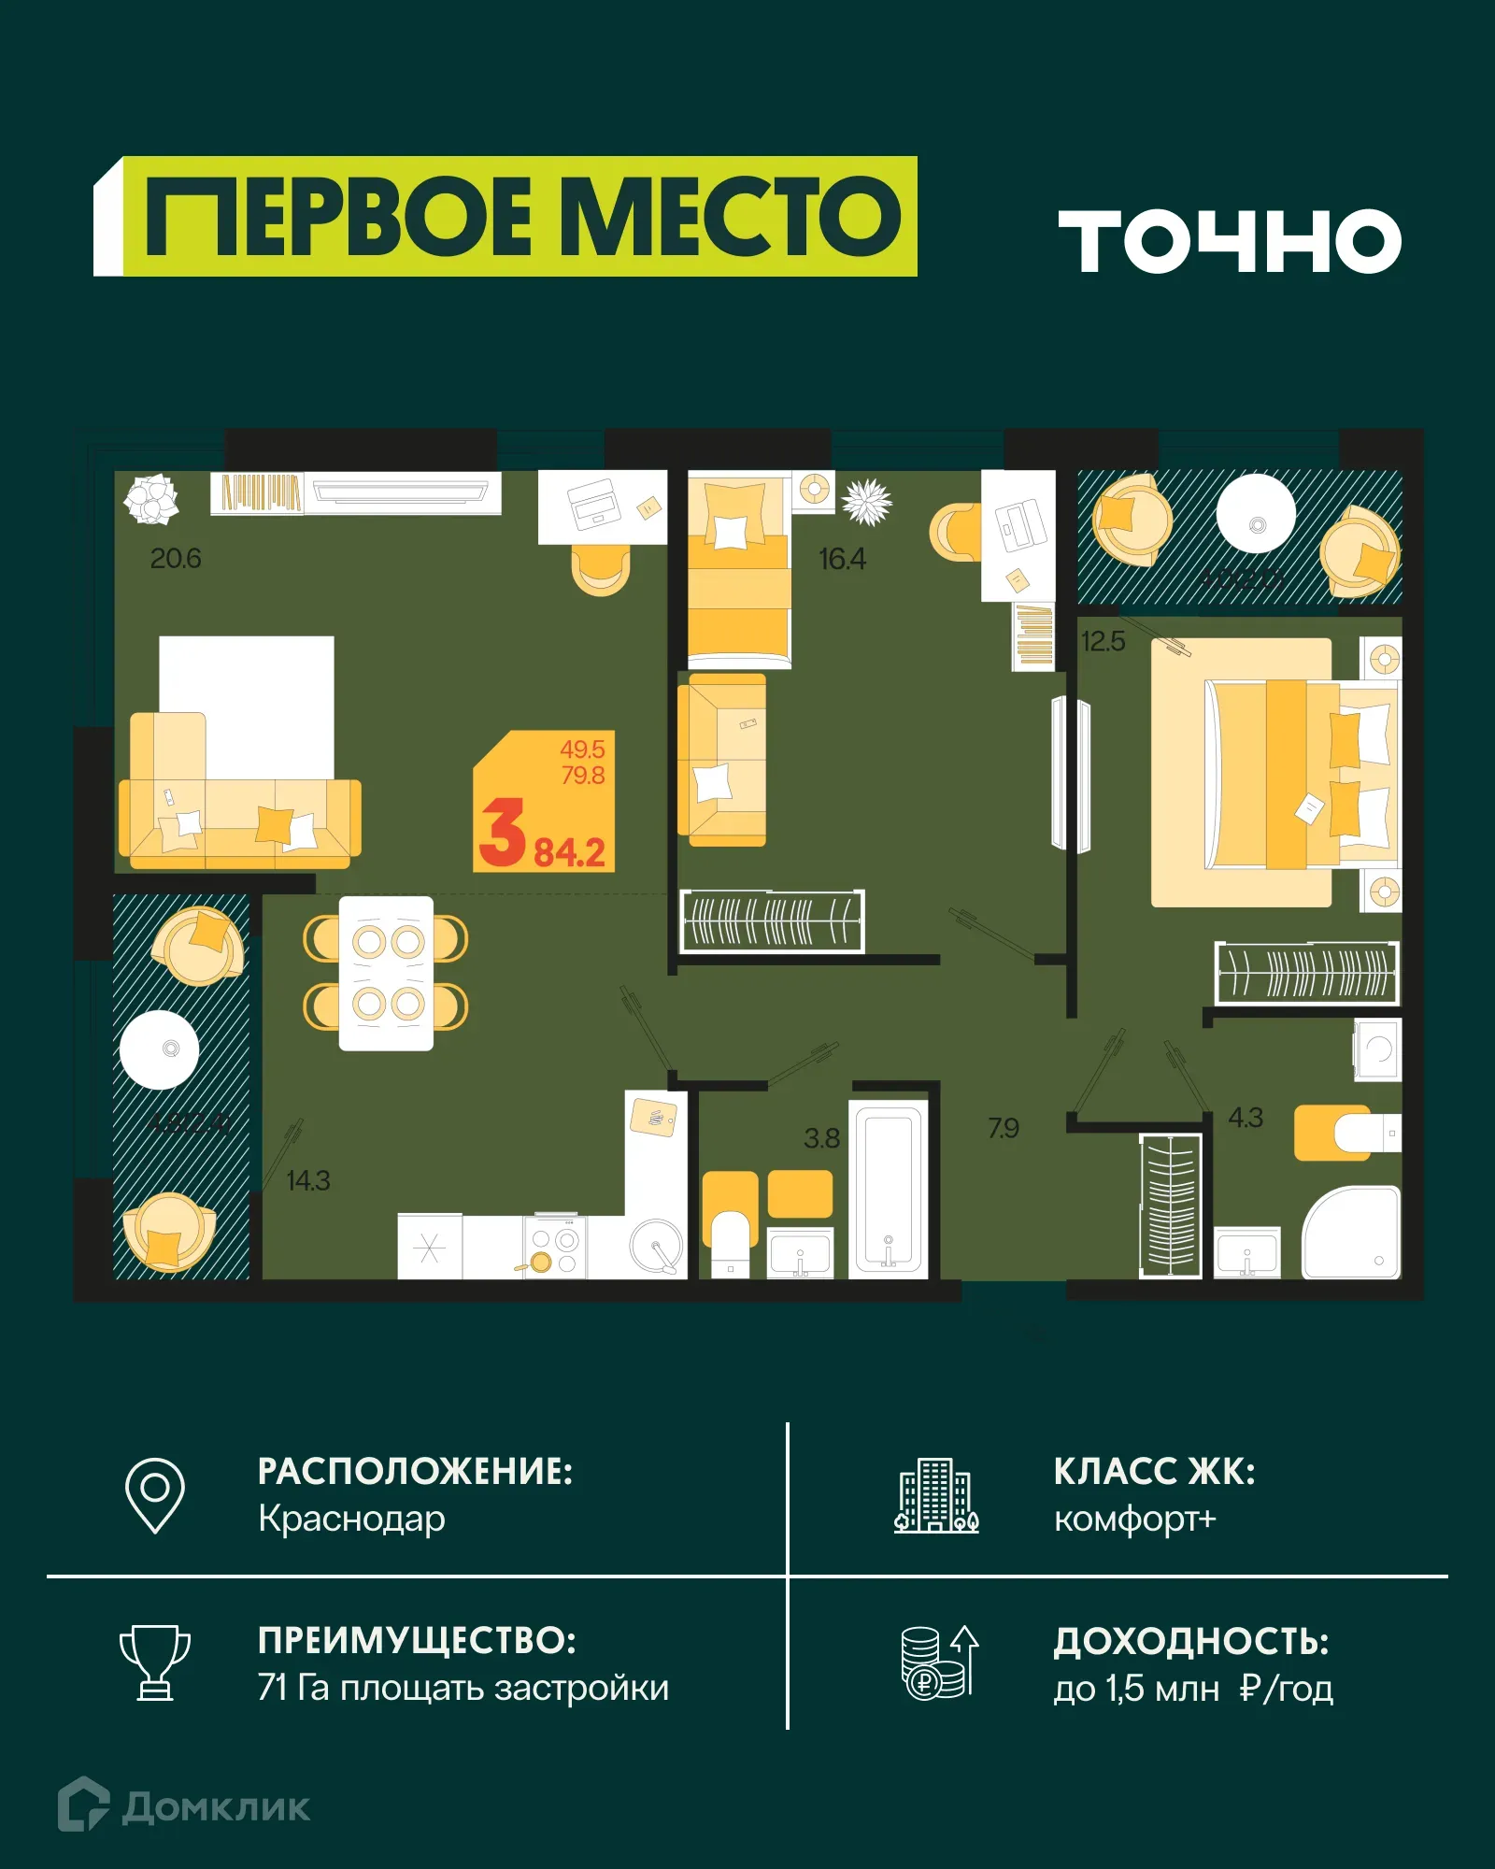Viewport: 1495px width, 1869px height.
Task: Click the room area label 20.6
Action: point(176,559)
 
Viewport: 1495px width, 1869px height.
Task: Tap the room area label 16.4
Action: point(842,559)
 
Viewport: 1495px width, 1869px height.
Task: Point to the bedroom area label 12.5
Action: point(1103,641)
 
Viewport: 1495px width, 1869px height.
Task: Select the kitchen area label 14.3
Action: point(308,1180)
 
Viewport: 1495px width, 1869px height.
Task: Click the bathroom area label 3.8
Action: point(821,1138)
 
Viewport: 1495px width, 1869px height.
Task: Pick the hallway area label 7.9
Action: point(1004,1128)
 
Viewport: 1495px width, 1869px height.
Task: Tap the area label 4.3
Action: point(1245,1118)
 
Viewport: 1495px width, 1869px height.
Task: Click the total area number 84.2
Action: point(569,852)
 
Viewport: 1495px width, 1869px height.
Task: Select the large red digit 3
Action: point(503,834)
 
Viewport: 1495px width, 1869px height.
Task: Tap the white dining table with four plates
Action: point(386,974)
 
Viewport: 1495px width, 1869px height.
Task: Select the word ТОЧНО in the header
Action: point(1230,241)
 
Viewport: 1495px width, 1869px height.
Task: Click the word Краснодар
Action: point(351,1519)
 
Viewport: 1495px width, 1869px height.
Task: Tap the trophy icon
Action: point(155,1662)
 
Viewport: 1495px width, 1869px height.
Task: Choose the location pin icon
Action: point(155,1494)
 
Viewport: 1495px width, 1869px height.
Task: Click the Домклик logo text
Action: point(216,1807)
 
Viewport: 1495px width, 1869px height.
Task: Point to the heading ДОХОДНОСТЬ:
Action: point(1191,1641)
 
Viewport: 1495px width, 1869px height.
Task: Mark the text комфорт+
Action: point(1135,1519)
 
